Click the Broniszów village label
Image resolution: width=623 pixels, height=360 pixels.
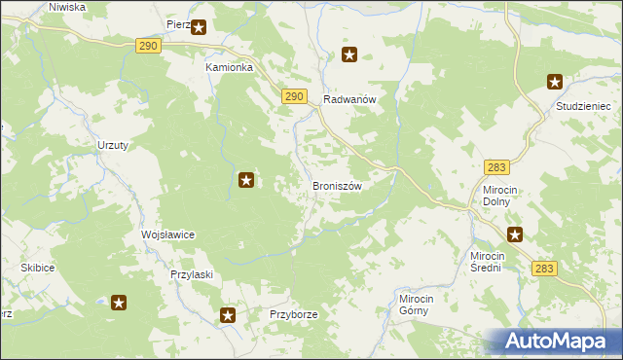[x=337, y=186]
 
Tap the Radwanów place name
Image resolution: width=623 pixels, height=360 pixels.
[x=349, y=99]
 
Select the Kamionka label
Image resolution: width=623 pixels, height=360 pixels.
[x=229, y=68]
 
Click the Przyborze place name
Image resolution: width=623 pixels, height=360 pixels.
[x=294, y=315]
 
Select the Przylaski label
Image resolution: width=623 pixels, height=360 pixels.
[x=191, y=275]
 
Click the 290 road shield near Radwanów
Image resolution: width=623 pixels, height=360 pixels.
[x=296, y=96]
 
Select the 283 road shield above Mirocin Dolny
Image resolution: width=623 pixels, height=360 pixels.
[x=496, y=168]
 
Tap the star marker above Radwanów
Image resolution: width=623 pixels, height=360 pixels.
[x=349, y=55]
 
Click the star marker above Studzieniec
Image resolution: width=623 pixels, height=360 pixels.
[x=555, y=83]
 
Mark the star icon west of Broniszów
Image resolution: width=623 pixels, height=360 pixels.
[x=247, y=179]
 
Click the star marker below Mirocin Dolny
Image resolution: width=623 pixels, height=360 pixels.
[x=515, y=234]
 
